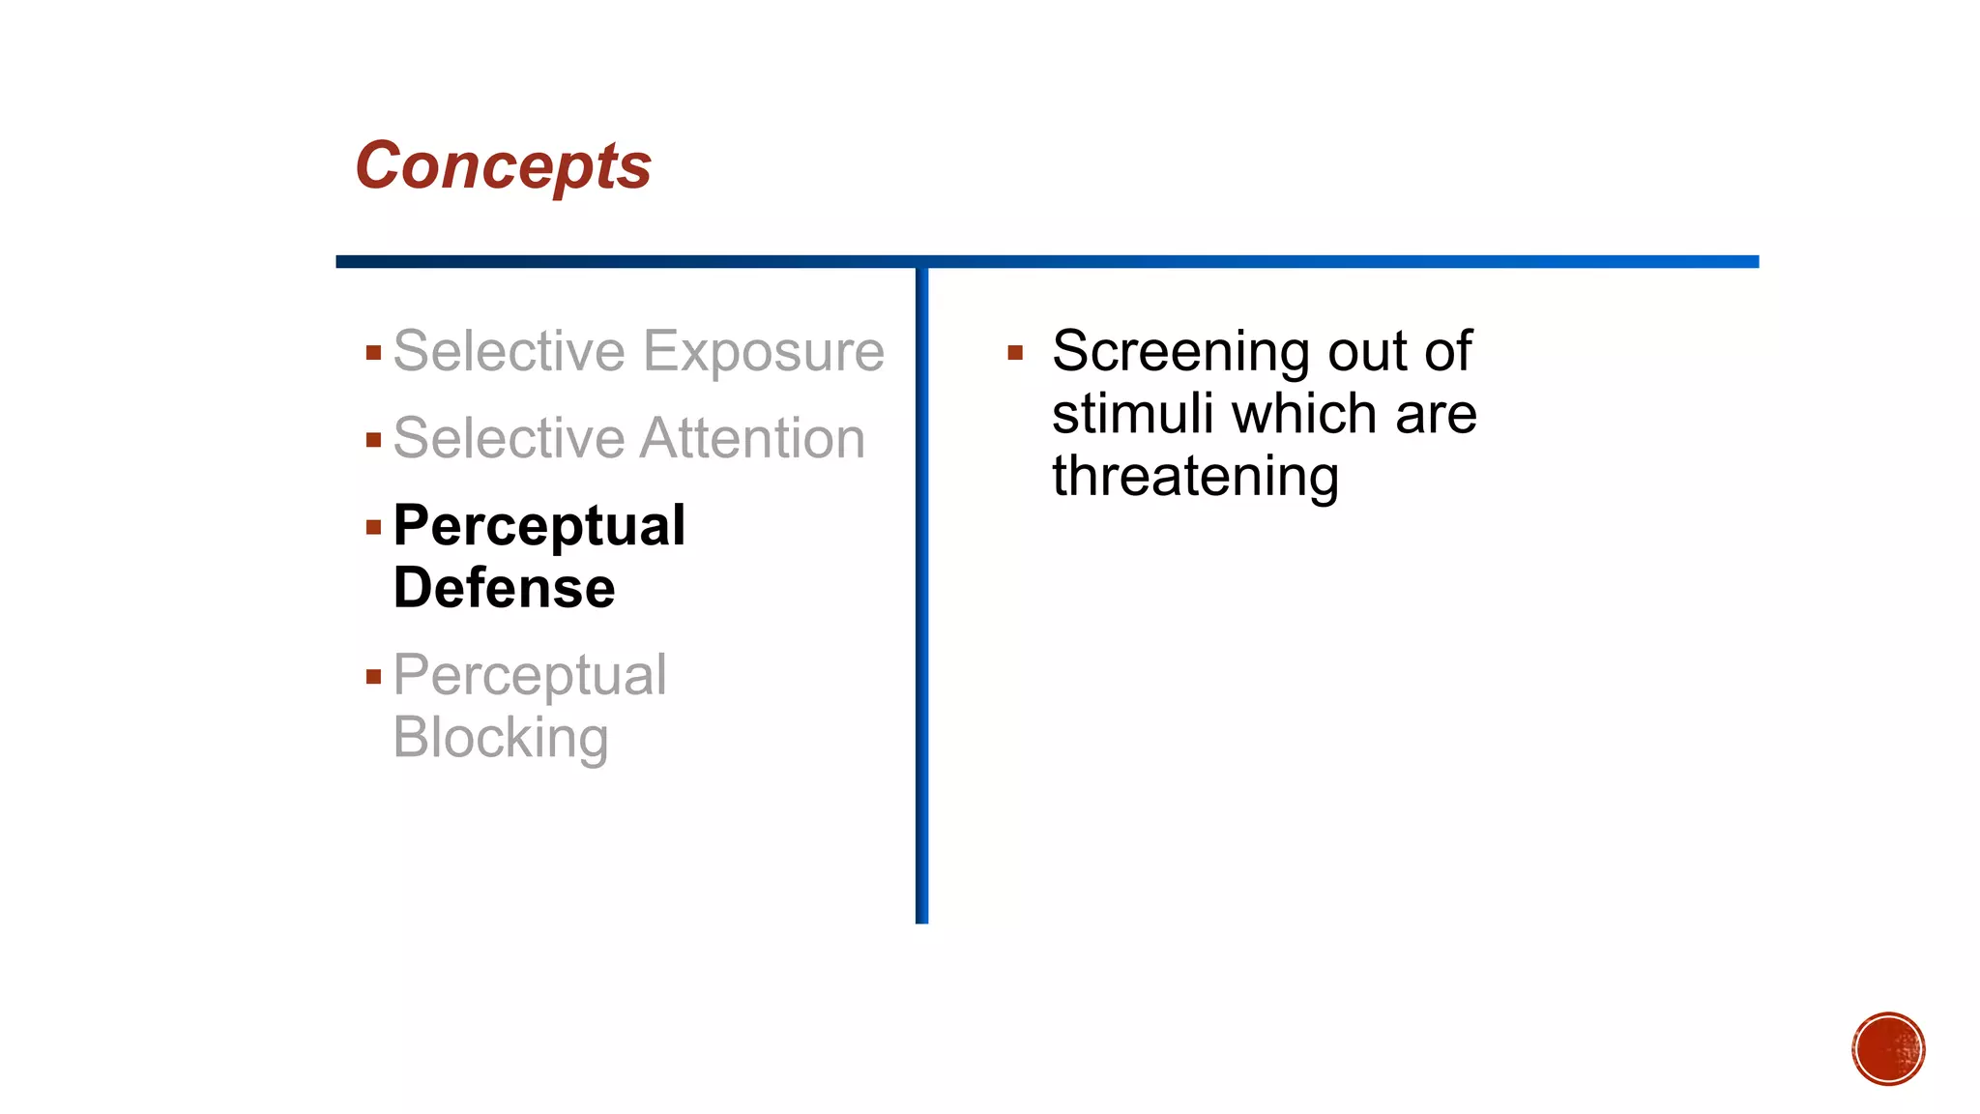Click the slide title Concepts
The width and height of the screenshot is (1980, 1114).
click(x=503, y=166)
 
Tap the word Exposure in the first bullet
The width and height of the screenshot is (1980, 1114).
click(x=763, y=351)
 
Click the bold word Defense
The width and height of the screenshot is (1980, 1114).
click(x=504, y=588)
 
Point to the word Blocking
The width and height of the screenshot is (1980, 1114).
click(x=501, y=738)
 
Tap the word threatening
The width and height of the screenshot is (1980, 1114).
click(x=1195, y=477)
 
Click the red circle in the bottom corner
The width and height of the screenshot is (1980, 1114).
click(x=1888, y=1049)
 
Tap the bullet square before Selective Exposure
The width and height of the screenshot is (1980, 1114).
click(x=374, y=353)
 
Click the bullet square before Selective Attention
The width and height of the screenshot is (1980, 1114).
click(x=374, y=441)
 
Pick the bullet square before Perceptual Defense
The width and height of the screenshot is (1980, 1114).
click(x=374, y=528)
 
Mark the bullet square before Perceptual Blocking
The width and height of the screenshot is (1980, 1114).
click(x=374, y=677)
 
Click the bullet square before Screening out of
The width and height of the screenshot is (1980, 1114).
click(x=1015, y=353)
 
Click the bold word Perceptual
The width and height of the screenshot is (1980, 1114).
click(x=539, y=526)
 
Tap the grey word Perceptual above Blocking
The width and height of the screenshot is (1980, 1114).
click(x=530, y=675)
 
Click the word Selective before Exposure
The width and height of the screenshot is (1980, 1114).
click(x=510, y=351)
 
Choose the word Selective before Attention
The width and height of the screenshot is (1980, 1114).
click(x=510, y=439)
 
